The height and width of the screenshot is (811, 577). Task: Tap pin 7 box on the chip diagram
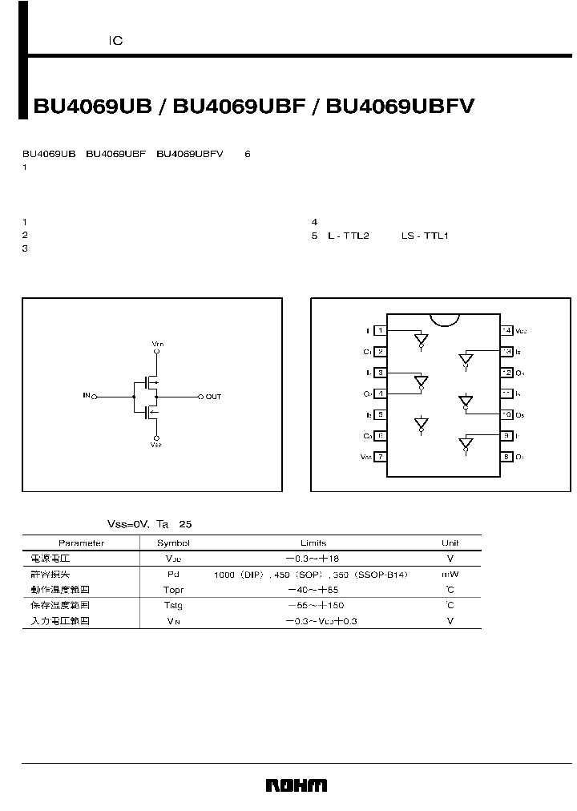pos(381,456)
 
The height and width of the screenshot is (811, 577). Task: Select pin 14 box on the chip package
pos(506,330)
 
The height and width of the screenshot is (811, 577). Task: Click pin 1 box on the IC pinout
pos(381,330)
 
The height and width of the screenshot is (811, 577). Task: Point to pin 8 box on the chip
pos(506,456)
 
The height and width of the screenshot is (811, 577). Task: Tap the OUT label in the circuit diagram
pos(213,397)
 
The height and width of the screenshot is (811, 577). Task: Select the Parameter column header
pos(81,543)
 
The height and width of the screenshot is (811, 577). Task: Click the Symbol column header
pos(173,543)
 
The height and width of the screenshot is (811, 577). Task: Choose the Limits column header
pos(313,543)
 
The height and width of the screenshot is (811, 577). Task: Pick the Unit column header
pos(450,543)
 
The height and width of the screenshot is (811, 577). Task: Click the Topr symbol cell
pos(173,590)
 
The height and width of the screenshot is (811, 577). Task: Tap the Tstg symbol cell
pos(173,605)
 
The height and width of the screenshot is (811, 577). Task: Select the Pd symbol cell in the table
pos(173,574)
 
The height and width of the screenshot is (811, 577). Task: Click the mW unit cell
pos(450,574)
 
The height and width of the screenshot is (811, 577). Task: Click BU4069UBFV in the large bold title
pos(401,106)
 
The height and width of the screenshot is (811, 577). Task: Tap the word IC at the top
pos(116,40)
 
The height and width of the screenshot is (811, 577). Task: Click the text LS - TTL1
pos(425,236)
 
